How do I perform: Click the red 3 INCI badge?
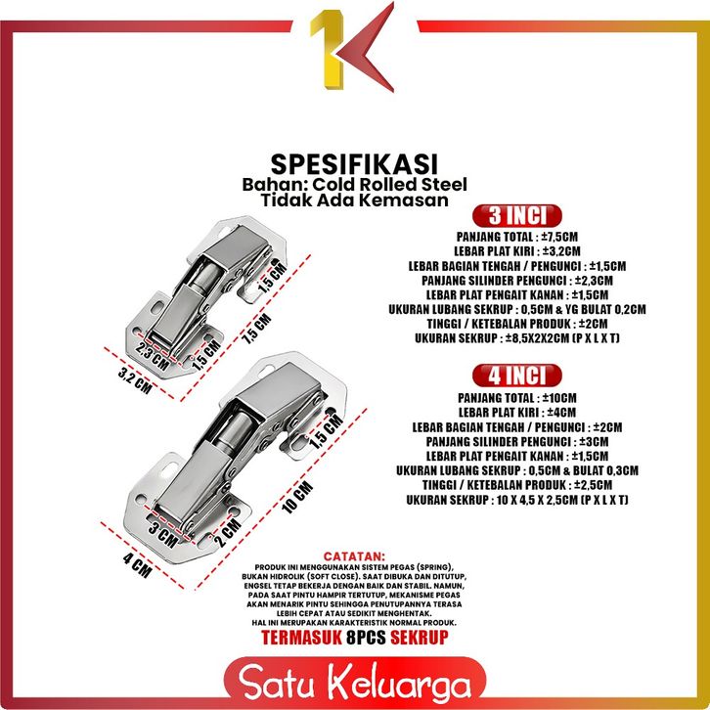click(x=516, y=215)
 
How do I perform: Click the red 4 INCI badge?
click(x=516, y=376)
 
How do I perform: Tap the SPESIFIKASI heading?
click(x=354, y=164)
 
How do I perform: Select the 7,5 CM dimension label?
click(x=258, y=329)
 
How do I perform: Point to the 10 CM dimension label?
click(x=297, y=497)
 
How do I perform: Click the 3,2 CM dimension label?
click(x=135, y=380)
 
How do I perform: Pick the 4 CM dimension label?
click(x=137, y=565)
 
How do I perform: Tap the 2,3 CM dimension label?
click(x=153, y=357)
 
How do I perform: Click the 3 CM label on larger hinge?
click(x=163, y=534)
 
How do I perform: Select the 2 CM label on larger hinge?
click(x=227, y=532)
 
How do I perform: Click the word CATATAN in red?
click(x=355, y=556)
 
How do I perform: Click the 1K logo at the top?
click(x=352, y=48)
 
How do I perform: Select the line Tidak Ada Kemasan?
click(x=355, y=200)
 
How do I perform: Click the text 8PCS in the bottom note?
click(x=366, y=637)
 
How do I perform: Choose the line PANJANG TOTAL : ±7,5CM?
click(x=517, y=237)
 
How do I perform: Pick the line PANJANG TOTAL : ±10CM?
click(x=517, y=398)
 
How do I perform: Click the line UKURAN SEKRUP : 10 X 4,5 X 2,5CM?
click(x=517, y=500)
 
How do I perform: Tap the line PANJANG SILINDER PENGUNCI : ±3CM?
click(x=517, y=441)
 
